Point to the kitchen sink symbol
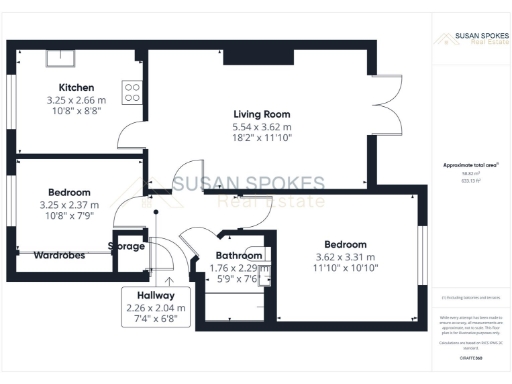point(55,53)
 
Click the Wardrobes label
point(58,255)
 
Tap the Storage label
point(128,246)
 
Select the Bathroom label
point(239,255)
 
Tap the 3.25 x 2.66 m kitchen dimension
point(77,101)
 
